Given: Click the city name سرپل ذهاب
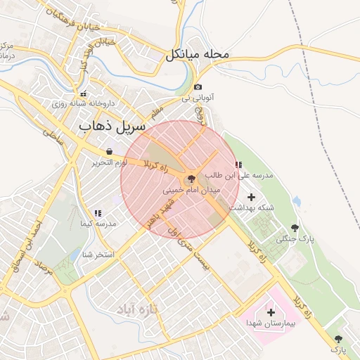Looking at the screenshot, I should pyautogui.click(x=111, y=127).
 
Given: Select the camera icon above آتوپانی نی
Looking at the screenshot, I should pyautogui.click(x=198, y=87).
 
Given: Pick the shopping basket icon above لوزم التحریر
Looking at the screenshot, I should pyautogui.click(x=109, y=152).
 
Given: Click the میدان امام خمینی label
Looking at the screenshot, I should pyautogui.click(x=191, y=190).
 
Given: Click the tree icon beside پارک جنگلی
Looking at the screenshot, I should pyautogui.click(x=294, y=228).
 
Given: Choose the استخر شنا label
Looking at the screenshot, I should pyautogui.click(x=98, y=255).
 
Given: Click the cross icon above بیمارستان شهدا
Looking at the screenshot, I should pyautogui.click(x=271, y=311).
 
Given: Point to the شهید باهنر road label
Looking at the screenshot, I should pyautogui.click(x=159, y=214).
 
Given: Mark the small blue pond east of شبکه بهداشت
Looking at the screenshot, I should pyautogui.click(x=297, y=202).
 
